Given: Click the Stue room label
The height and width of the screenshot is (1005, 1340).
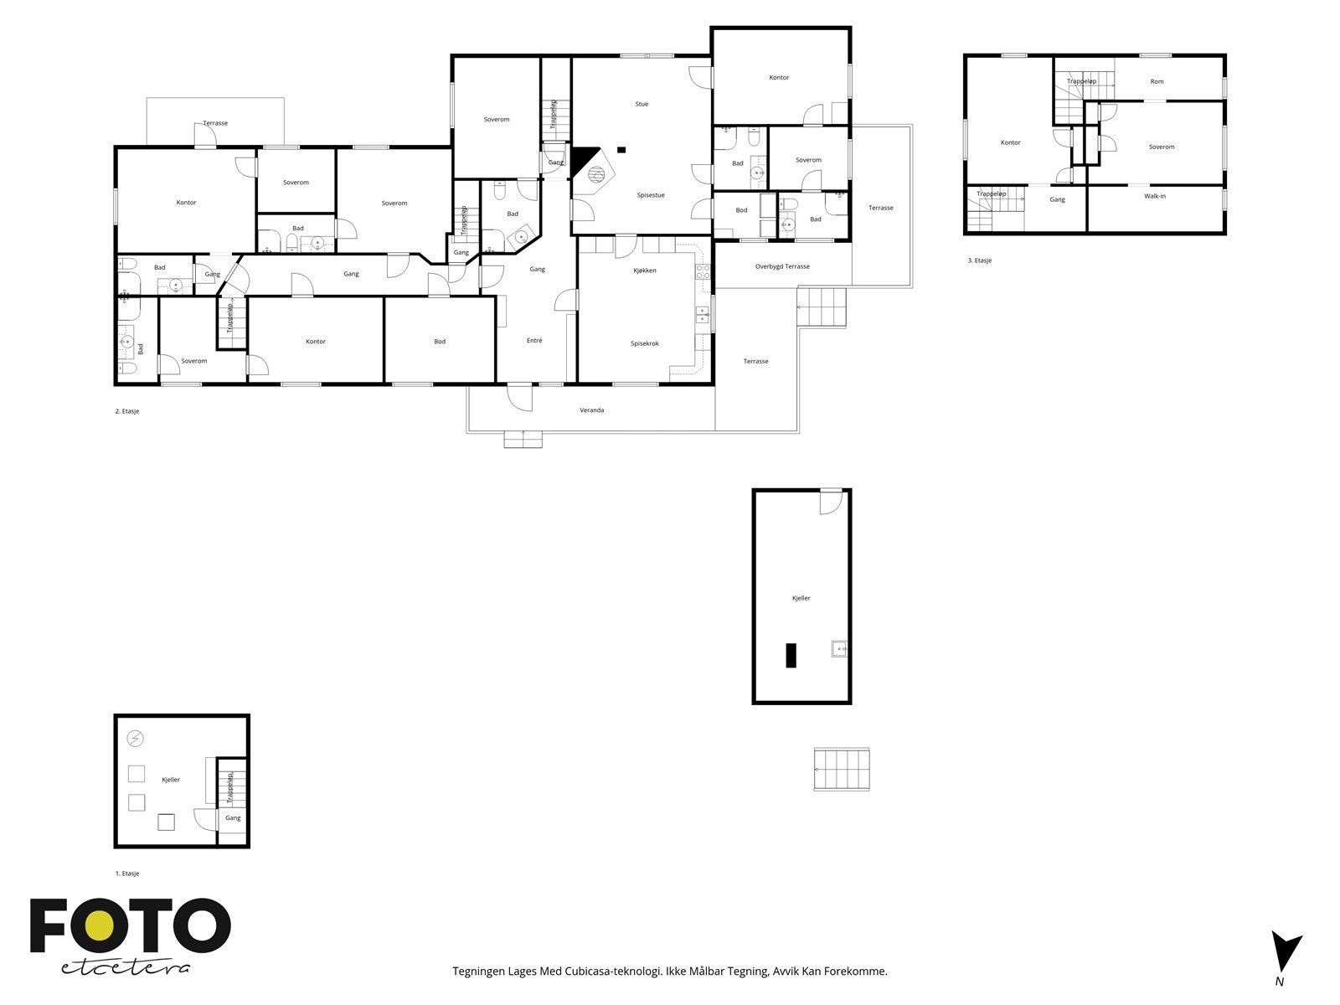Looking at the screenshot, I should click(642, 105).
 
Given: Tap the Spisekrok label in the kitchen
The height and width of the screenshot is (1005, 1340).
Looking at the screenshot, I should click(645, 343).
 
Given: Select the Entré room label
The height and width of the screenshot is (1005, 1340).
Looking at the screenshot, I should click(534, 341).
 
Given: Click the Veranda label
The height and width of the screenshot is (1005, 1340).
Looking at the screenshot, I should click(591, 410).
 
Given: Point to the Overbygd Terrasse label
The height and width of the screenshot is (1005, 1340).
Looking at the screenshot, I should click(782, 266).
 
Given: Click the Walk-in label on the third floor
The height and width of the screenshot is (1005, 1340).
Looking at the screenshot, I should click(1155, 197).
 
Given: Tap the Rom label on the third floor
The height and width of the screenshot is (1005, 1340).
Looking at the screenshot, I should click(1157, 82).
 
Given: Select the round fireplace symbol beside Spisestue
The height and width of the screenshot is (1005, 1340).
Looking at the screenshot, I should click(596, 175).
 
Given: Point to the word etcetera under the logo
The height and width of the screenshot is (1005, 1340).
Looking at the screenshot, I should click(126, 967).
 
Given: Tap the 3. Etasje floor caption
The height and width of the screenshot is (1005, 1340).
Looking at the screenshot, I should click(979, 260).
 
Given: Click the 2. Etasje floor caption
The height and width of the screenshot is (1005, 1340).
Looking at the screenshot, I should click(126, 411).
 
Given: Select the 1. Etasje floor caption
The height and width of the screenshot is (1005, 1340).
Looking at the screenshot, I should click(126, 874).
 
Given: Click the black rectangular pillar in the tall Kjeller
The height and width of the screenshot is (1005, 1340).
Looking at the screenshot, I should click(791, 654).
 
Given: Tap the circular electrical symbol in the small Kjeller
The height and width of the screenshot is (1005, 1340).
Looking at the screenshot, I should click(135, 739).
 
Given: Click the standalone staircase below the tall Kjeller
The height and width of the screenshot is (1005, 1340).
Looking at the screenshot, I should click(842, 769).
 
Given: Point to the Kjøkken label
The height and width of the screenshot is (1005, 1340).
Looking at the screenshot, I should click(644, 271).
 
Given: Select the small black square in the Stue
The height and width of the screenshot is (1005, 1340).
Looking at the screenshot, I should click(621, 150).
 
